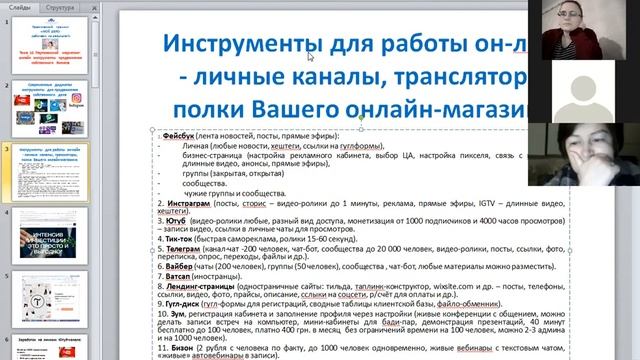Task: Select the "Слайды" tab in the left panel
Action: coord(19,7)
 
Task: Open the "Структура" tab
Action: coord(59,7)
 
